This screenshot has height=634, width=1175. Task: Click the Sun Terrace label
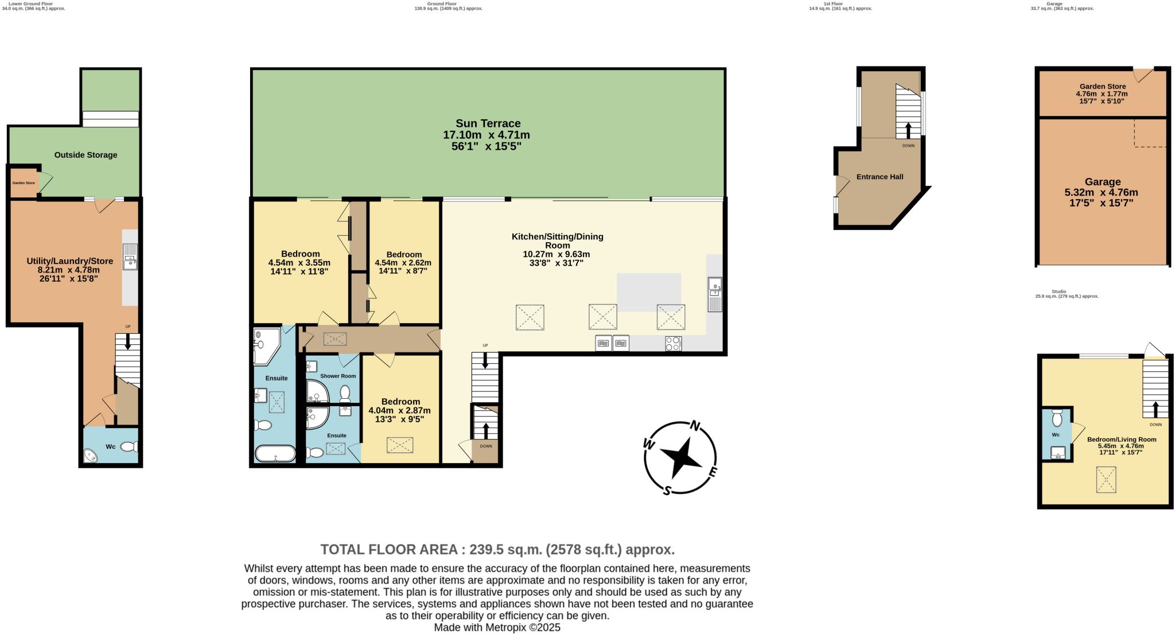pyautogui.click(x=488, y=123)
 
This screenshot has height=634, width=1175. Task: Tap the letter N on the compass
pyautogui.click(x=695, y=426)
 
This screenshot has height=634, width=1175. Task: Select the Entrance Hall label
pyautogui.click(x=880, y=177)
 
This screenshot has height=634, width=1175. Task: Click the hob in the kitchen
pyautogui.click(x=673, y=344)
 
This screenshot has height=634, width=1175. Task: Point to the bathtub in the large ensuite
pyautogui.click(x=275, y=454)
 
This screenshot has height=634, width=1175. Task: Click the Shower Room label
pyautogui.click(x=338, y=376)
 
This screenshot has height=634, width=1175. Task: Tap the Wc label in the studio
pyautogui.click(x=1056, y=435)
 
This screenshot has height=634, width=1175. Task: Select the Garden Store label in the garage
pyautogui.click(x=1102, y=87)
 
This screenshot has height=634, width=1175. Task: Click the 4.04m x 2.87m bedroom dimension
pyautogui.click(x=399, y=410)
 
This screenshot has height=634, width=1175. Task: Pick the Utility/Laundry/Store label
pyautogui.click(x=69, y=261)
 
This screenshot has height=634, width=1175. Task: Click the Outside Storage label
pyautogui.click(x=85, y=155)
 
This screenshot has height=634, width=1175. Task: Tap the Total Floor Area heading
pyautogui.click(x=497, y=550)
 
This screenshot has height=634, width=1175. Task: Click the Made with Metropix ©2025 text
pyautogui.click(x=497, y=627)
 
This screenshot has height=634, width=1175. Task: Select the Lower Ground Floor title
pyautogui.click(x=30, y=3)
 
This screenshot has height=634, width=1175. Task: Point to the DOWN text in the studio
pyautogui.click(x=1155, y=425)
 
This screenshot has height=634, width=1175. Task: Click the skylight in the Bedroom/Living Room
pyautogui.click(x=1106, y=480)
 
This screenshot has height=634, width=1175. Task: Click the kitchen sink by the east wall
pyautogui.click(x=715, y=294)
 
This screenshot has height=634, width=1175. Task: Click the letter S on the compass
pyautogui.click(x=667, y=491)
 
